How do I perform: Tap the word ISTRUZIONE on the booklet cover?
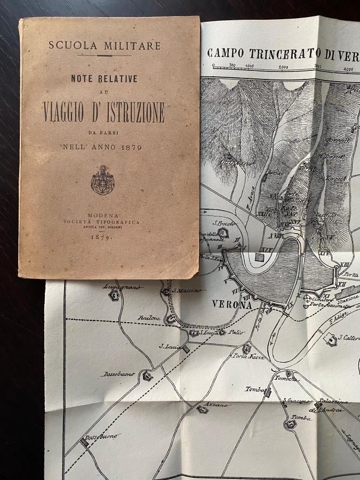click(x=132, y=113)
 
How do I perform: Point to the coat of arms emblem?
click(x=102, y=180)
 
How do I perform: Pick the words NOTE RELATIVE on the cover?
click(x=105, y=78)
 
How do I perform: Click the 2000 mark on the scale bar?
click(x=283, y=67)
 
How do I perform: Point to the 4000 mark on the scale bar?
click(x=348, y=69)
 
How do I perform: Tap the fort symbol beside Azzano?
click(x=201, y=410)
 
